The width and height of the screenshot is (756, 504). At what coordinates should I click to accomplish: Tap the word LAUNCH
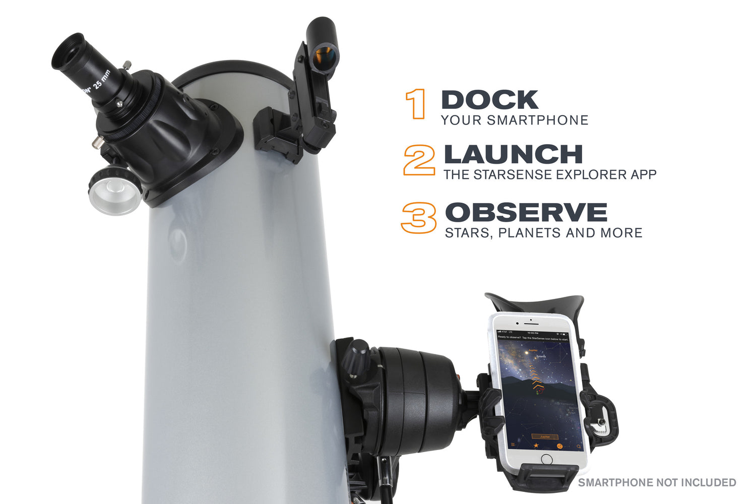coord(513,155)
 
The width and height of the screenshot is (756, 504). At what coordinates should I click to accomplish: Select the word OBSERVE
coord(526,212)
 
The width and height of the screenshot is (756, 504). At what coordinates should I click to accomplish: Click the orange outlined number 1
coord(416,104)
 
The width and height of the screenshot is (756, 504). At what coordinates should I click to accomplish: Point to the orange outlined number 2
coord(419,160)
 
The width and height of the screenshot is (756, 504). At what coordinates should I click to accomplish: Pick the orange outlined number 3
coord(419,218)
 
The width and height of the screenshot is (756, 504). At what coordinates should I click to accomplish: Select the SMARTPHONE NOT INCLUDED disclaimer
coord(657,482)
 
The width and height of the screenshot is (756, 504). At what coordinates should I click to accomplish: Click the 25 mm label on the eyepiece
coord(101,81)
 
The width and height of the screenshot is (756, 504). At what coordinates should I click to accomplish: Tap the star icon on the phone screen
coord(536,446)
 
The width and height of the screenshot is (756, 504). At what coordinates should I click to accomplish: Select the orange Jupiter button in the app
coord(545,436)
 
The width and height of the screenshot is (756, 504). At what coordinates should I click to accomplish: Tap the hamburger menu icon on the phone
coord(513,445)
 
